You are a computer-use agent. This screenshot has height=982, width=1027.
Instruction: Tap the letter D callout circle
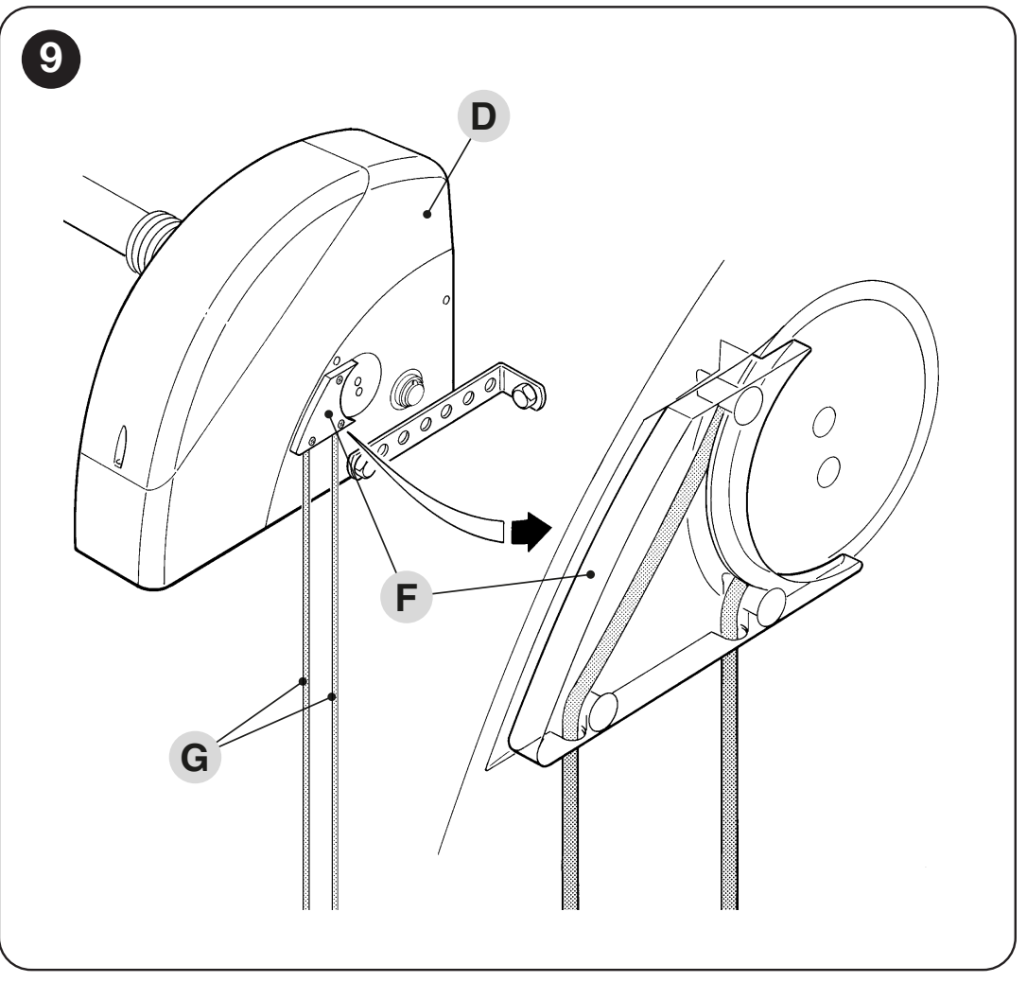pos(483,116)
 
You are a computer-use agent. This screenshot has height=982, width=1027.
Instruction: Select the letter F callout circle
pos(406,597)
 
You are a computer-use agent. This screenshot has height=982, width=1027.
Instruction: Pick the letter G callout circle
pos(195,757)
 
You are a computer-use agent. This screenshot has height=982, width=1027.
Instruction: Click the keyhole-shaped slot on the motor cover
pos(121,447)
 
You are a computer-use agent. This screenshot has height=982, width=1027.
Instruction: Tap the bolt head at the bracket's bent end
pos(524,395)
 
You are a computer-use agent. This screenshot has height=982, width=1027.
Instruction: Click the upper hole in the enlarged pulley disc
pos(824,422)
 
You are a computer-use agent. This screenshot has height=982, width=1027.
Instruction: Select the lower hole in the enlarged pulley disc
pos(829,471)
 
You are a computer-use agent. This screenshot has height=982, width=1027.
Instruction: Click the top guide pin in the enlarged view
pos(749,405)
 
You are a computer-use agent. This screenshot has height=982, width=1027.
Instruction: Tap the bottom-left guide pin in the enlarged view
pos(602,711)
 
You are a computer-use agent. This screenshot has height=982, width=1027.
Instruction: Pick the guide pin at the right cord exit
pos(771,606)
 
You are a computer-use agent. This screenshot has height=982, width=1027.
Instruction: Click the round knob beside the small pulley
pos(408,391)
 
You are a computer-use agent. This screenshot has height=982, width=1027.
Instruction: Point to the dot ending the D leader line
pos(427,214)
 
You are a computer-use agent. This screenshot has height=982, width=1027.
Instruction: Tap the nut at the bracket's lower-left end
pos(360,465)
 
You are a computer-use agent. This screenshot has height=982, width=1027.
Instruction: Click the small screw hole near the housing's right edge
pos(446,300)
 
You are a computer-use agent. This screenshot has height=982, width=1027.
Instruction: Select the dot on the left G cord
pos(303,681)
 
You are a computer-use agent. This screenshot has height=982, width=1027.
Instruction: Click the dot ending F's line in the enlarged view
pos(591,574)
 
